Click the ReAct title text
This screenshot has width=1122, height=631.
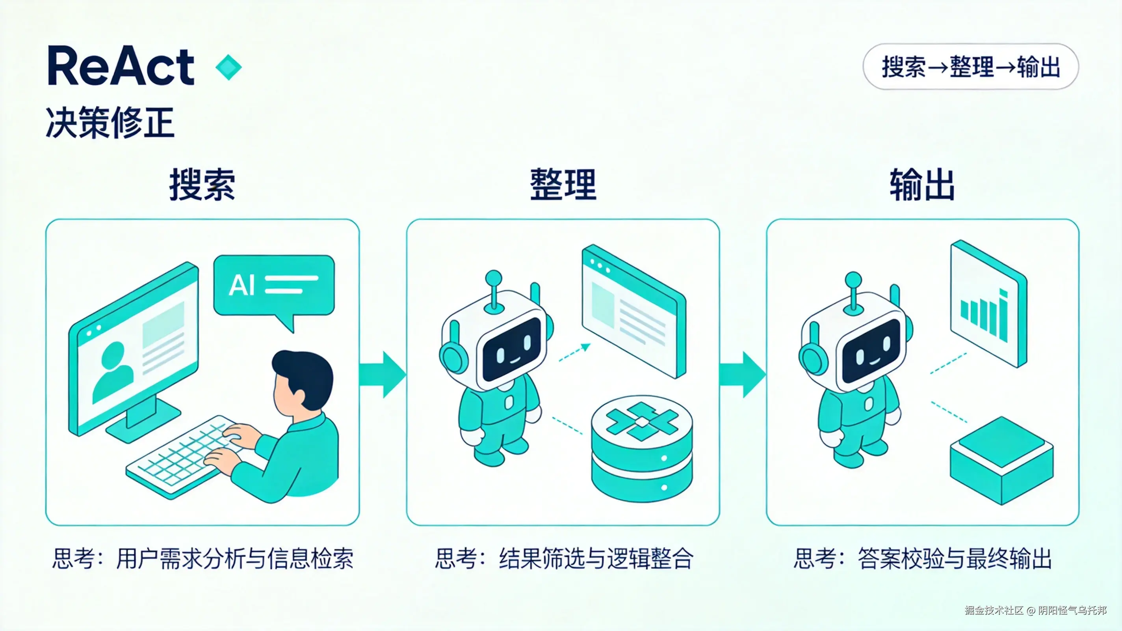(x=121, y=67)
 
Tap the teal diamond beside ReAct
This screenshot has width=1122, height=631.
(x=228, y=67)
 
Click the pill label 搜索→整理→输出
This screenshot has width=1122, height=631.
(x=970, y=67)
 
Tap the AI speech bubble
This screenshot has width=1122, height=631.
(x=273, y=286)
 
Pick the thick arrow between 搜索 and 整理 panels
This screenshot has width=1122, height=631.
(x=383, y=374)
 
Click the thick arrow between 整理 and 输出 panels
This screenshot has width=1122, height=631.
(x=742, y=374)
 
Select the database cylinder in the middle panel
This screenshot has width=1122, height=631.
(x=642, y=449)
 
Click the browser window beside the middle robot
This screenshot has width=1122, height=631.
(x=634, y=312)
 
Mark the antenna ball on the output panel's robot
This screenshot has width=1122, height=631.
(x=853, y=280)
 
